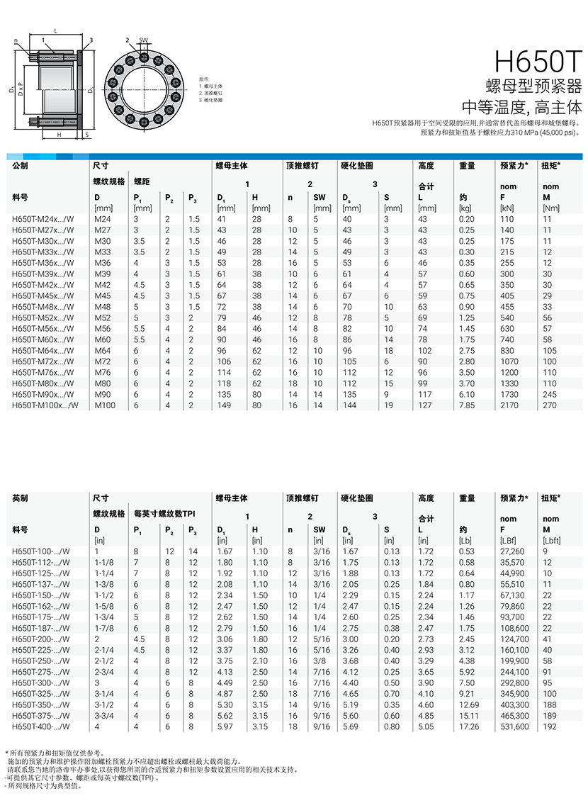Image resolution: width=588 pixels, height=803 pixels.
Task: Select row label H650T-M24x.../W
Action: [x=43, y=219]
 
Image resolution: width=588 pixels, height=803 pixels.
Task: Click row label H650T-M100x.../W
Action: [x=45, y=405]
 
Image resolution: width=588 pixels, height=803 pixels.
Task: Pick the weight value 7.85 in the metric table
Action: [x=465, y=405]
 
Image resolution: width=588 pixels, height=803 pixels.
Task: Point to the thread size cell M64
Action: [x=103, y=350]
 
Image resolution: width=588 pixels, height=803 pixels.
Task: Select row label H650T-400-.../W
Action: [x=41, y=726]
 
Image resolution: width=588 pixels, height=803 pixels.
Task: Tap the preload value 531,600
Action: [x=514, y=726]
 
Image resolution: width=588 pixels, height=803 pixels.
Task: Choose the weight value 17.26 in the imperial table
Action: [x=468, y=726]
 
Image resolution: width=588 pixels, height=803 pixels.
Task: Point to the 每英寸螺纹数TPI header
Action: [x=164, y=512]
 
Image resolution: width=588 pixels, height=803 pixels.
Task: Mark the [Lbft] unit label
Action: [x=550, y=541]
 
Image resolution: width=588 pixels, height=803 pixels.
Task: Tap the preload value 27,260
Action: [x=513, y=551]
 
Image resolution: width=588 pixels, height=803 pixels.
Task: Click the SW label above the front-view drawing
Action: [x=143, y=40]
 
